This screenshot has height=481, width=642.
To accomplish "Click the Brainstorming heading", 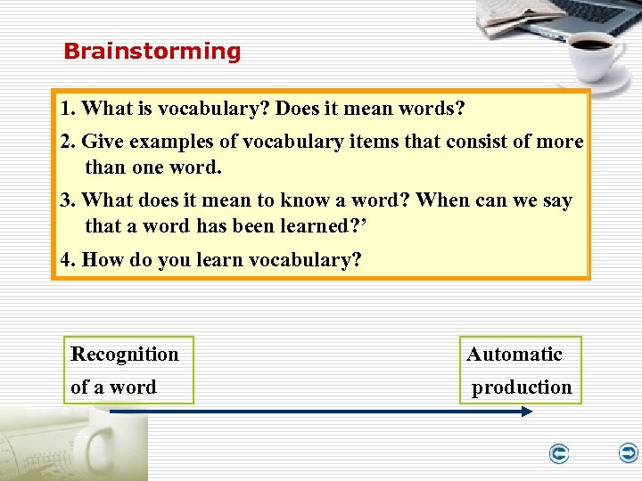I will pyautogui.click(x=152, y=52).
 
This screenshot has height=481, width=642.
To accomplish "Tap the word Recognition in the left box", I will pyautogui.click(x=125, y=355).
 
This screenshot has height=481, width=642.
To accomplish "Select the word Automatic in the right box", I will pyautogui.click(x=514, y=355).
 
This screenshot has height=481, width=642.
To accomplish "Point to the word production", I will pyautogui.click(x=522, y=387).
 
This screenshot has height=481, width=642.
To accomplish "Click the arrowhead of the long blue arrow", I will pyautogui.click(x=526, y=412).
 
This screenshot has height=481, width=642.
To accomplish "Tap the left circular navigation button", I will pyautogui.click(x=559, y=454).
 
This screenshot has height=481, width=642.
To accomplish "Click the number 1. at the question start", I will pyautogui.click(x=68, y=110).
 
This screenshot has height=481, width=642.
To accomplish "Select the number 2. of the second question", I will pyautogui.click(x=68, y=143).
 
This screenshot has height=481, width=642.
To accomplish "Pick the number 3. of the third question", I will pyautogui.click(x=68, y=201).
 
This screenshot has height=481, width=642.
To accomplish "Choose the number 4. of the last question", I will pyautogui.click(x=68, y=260).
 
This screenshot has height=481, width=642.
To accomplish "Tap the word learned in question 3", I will pyautogui.click(x=317, y=226).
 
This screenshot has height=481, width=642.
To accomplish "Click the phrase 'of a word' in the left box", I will pyautogui.click(x=113, y=387).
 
